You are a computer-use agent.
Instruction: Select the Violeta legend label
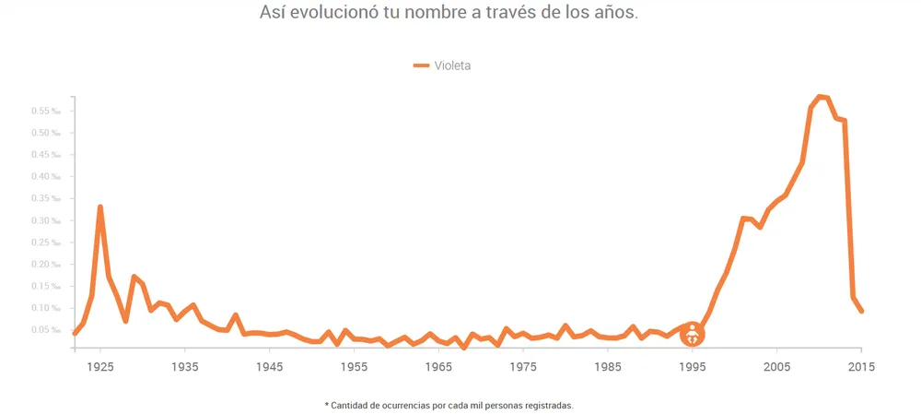[453, 65]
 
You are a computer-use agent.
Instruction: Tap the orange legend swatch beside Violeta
[421, 65]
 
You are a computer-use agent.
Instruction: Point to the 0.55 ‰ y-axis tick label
[48, 111]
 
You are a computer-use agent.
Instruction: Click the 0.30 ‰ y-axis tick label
[48, 220]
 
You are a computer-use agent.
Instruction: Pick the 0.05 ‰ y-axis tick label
[48, 330]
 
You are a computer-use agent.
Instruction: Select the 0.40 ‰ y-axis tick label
[48, 177]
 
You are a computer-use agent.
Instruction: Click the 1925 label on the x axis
[100, 367]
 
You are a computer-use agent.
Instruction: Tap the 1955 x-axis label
[354, 367]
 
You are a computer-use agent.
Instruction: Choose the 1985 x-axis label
[607, 367]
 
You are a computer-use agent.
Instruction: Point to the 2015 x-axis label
[860, 367]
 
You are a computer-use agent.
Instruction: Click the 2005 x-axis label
[776, 367]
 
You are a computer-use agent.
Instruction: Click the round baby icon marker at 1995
[692, 335]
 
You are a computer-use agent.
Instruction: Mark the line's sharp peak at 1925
[100, 207]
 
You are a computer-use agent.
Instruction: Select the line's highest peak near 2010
[819, 96]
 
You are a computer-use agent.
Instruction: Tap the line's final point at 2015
[861, 311]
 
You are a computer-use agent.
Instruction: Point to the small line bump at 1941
[236, 315]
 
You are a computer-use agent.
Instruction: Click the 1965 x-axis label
[438, 367]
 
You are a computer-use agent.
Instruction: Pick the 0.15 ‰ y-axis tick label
[48, 286]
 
